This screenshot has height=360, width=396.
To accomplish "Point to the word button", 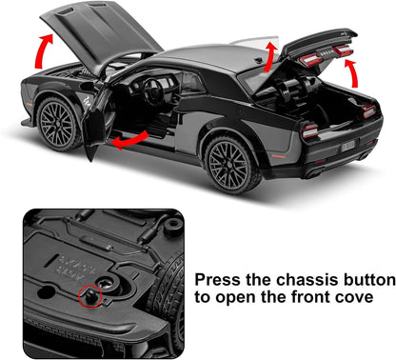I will click(x=366, y=281).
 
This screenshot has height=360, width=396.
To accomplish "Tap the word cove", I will click(x=367, y=306).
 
